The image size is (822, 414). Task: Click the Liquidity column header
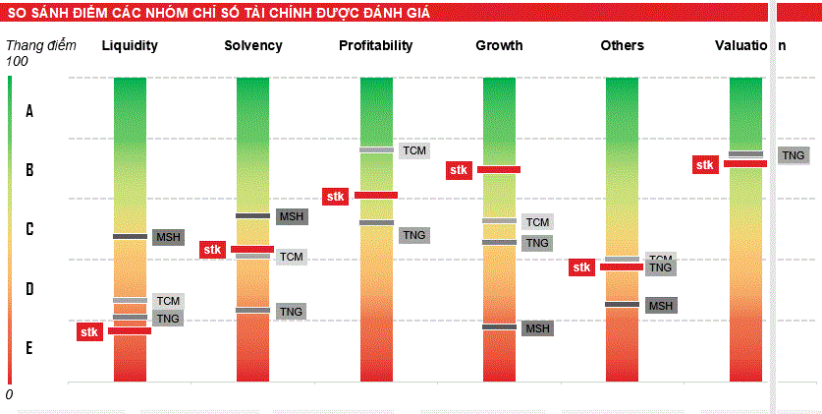pos(130,46)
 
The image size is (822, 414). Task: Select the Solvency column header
pos(252,46)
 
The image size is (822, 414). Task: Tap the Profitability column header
pos(375,46)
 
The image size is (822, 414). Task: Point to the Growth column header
pos(499,46)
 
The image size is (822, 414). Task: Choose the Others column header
pos(622,46)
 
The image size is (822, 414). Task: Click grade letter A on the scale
pos(29,111)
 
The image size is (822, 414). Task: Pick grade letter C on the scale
pos(29,229)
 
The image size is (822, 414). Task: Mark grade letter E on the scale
pos(29,348)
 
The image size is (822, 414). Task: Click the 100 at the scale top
pos(18,61)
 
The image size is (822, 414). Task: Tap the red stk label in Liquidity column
pos(90,332)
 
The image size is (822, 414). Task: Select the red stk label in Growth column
pos(459,170)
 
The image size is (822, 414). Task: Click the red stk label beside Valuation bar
pos(705,165)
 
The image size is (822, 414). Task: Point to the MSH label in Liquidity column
pos(169,237)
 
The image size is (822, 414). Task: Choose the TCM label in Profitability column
pos(414,150)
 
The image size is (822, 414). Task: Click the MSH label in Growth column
pos(537,328)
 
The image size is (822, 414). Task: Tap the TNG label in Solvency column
pos(292,312)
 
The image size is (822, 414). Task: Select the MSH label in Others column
pos(660,306)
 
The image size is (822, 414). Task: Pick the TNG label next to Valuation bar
pos(794,155)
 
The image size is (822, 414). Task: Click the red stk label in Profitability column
pos(336,197)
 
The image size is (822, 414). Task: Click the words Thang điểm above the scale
pos(33,45)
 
